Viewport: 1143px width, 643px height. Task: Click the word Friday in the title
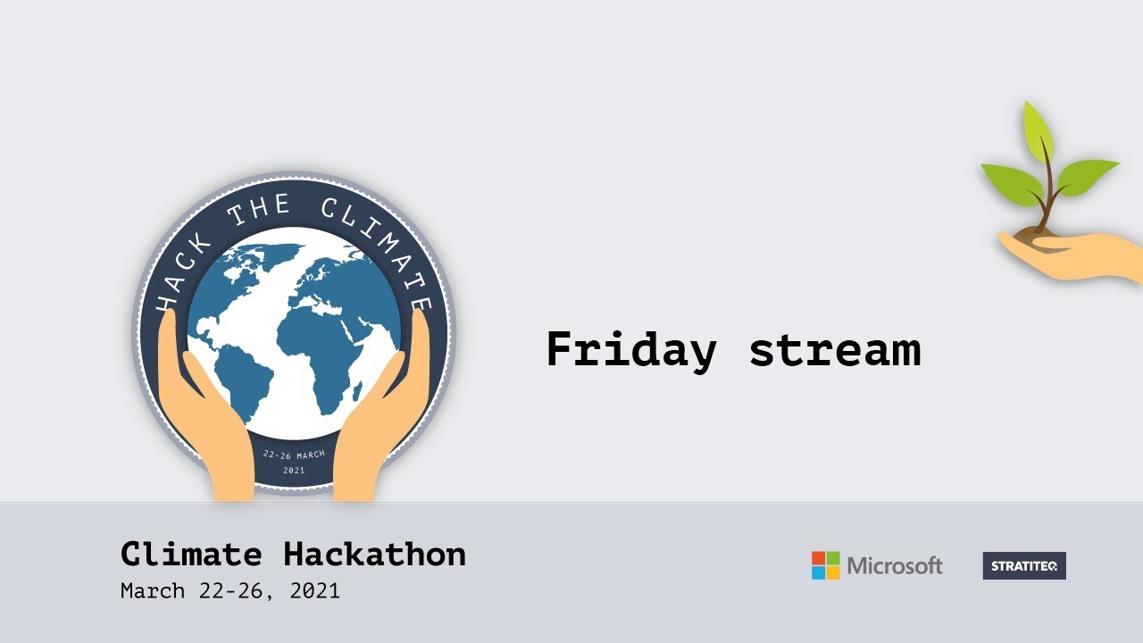pyautogui.click(x=630, y=350)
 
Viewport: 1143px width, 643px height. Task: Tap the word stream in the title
pyautogui.click(x=834, y=350)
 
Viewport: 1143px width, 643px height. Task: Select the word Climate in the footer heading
pyautogui.click(x=191, y=555)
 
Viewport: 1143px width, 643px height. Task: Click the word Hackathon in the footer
pyautogui.click(x=375, y=555)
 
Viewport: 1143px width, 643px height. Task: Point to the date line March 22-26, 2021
pyautogui.click(x=230, y=591)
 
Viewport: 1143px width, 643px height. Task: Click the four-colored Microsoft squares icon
pyautogui.click(x=826, y=565)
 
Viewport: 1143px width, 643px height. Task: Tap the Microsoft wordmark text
pyautogui.click(x=895, y=565)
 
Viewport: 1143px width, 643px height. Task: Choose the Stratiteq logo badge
pyautogui.click(x=1024, y=565)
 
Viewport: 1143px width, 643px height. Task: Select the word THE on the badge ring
pyautogui.click(x=259, y=212)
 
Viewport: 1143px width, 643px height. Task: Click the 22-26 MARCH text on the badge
pyautogui.click(x=294, y=455)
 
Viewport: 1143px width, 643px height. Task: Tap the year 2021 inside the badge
pyautogui.click(x=294, y=470)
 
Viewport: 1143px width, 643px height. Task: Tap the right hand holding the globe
pyautogui.click(x=380, y=420)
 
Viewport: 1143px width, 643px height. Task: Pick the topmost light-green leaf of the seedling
pyautogui.click(x=1039, y=129)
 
